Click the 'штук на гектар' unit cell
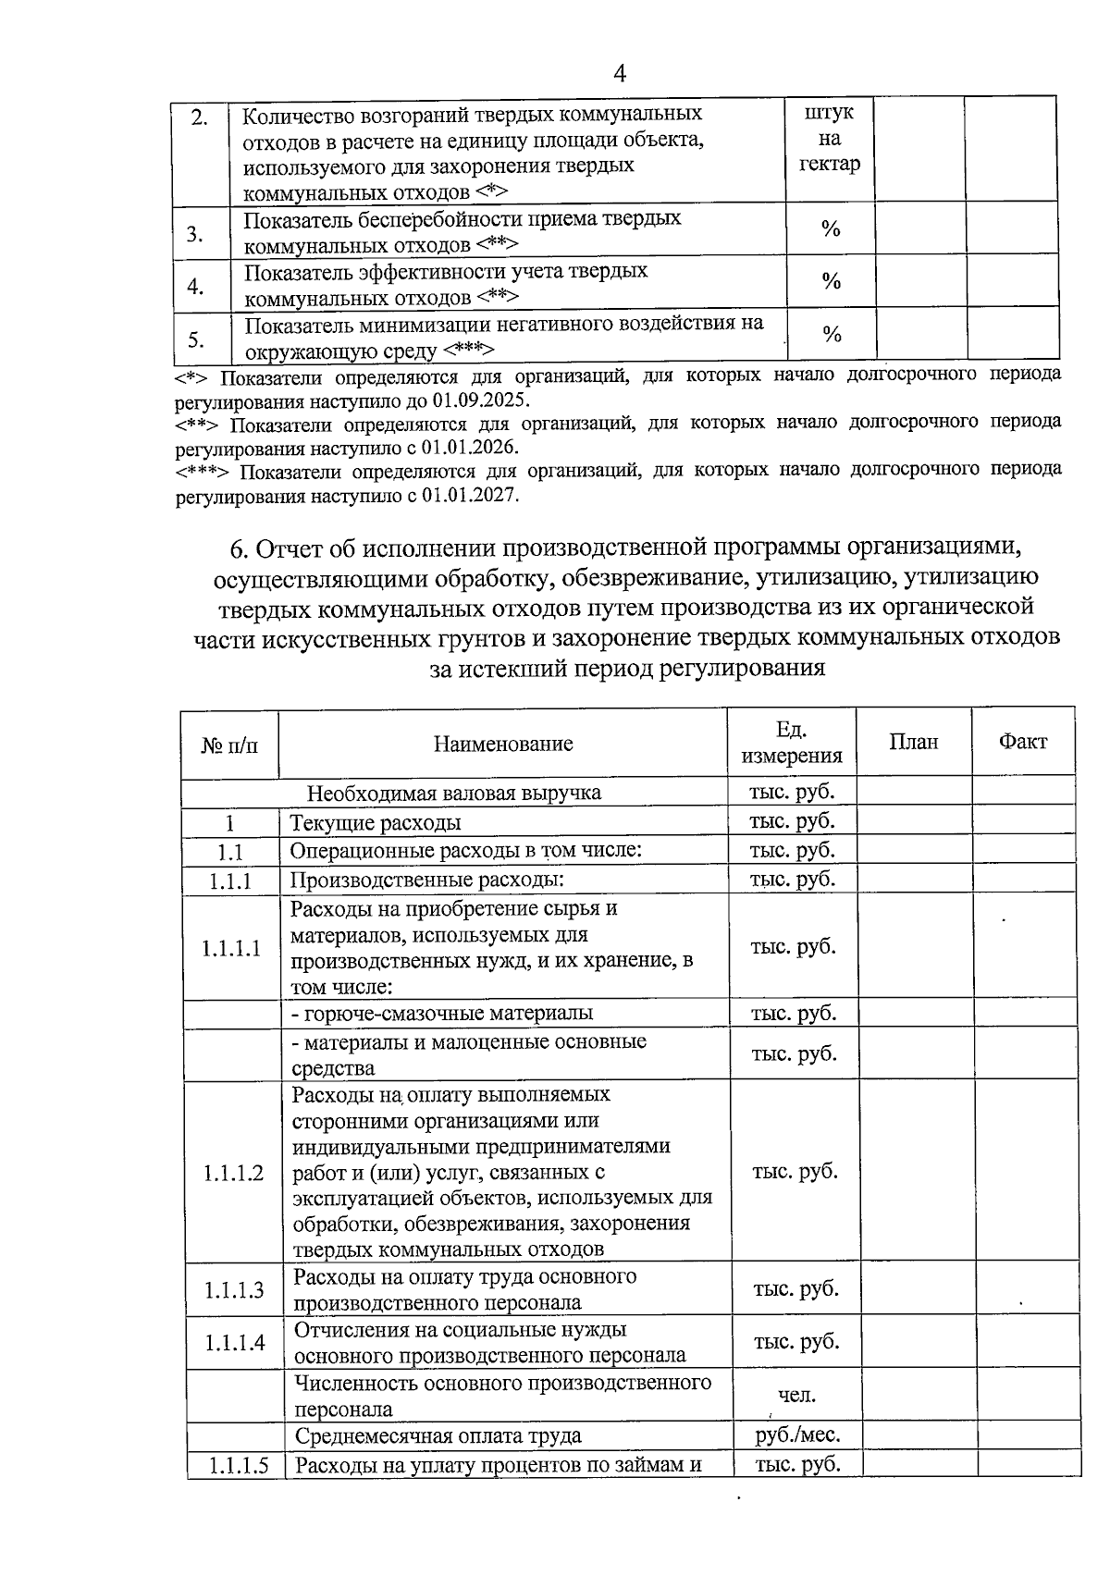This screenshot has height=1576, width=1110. [x=829, y=139]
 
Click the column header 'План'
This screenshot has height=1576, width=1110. [x=913, y=742]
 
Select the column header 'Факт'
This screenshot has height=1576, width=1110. [x=1022, y=741]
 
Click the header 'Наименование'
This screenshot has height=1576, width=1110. [x=503, y=744]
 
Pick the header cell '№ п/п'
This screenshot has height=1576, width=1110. [x=229, y=744]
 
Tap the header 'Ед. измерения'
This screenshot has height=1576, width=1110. [x=792, y=743]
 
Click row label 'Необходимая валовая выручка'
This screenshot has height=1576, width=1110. [x=453, y=793]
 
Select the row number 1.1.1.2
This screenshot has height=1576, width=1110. [x=233, y=1173]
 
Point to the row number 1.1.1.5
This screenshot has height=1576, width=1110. [x=238, y=1466]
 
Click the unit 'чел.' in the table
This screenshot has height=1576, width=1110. [x=796, y=1396]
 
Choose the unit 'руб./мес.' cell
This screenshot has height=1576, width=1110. [x=797, y=1435]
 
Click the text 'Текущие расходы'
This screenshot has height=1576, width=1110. [x=376, y=823]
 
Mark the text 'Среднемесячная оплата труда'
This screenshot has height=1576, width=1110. [x=438, y=1436]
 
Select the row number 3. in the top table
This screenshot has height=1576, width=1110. [x=195, y=233]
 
